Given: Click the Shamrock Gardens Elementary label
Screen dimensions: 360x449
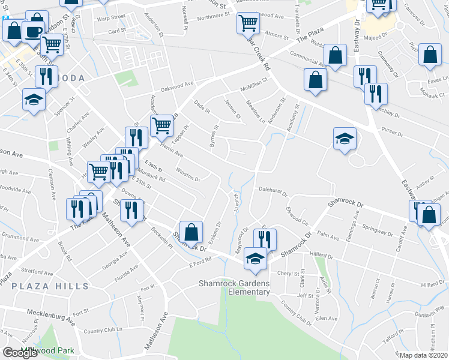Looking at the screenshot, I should [x=235, y=287].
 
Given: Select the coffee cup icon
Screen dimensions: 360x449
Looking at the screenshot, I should [x=33, y=31].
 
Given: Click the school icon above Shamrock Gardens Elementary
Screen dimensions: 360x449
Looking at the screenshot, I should [x=256, y=258].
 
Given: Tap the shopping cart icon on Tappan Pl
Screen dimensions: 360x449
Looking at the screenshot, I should [x=161, y=125].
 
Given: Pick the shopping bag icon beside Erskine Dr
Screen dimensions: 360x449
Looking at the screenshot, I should [x=190, y=232].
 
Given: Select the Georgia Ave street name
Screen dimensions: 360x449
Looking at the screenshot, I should [x=116, y=262].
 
